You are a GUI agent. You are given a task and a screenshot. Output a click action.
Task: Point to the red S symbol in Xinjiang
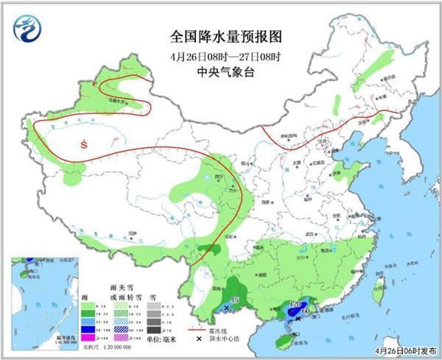coord(86,144)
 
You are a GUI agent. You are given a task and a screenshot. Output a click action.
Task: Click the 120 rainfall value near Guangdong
coord(298,304)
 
